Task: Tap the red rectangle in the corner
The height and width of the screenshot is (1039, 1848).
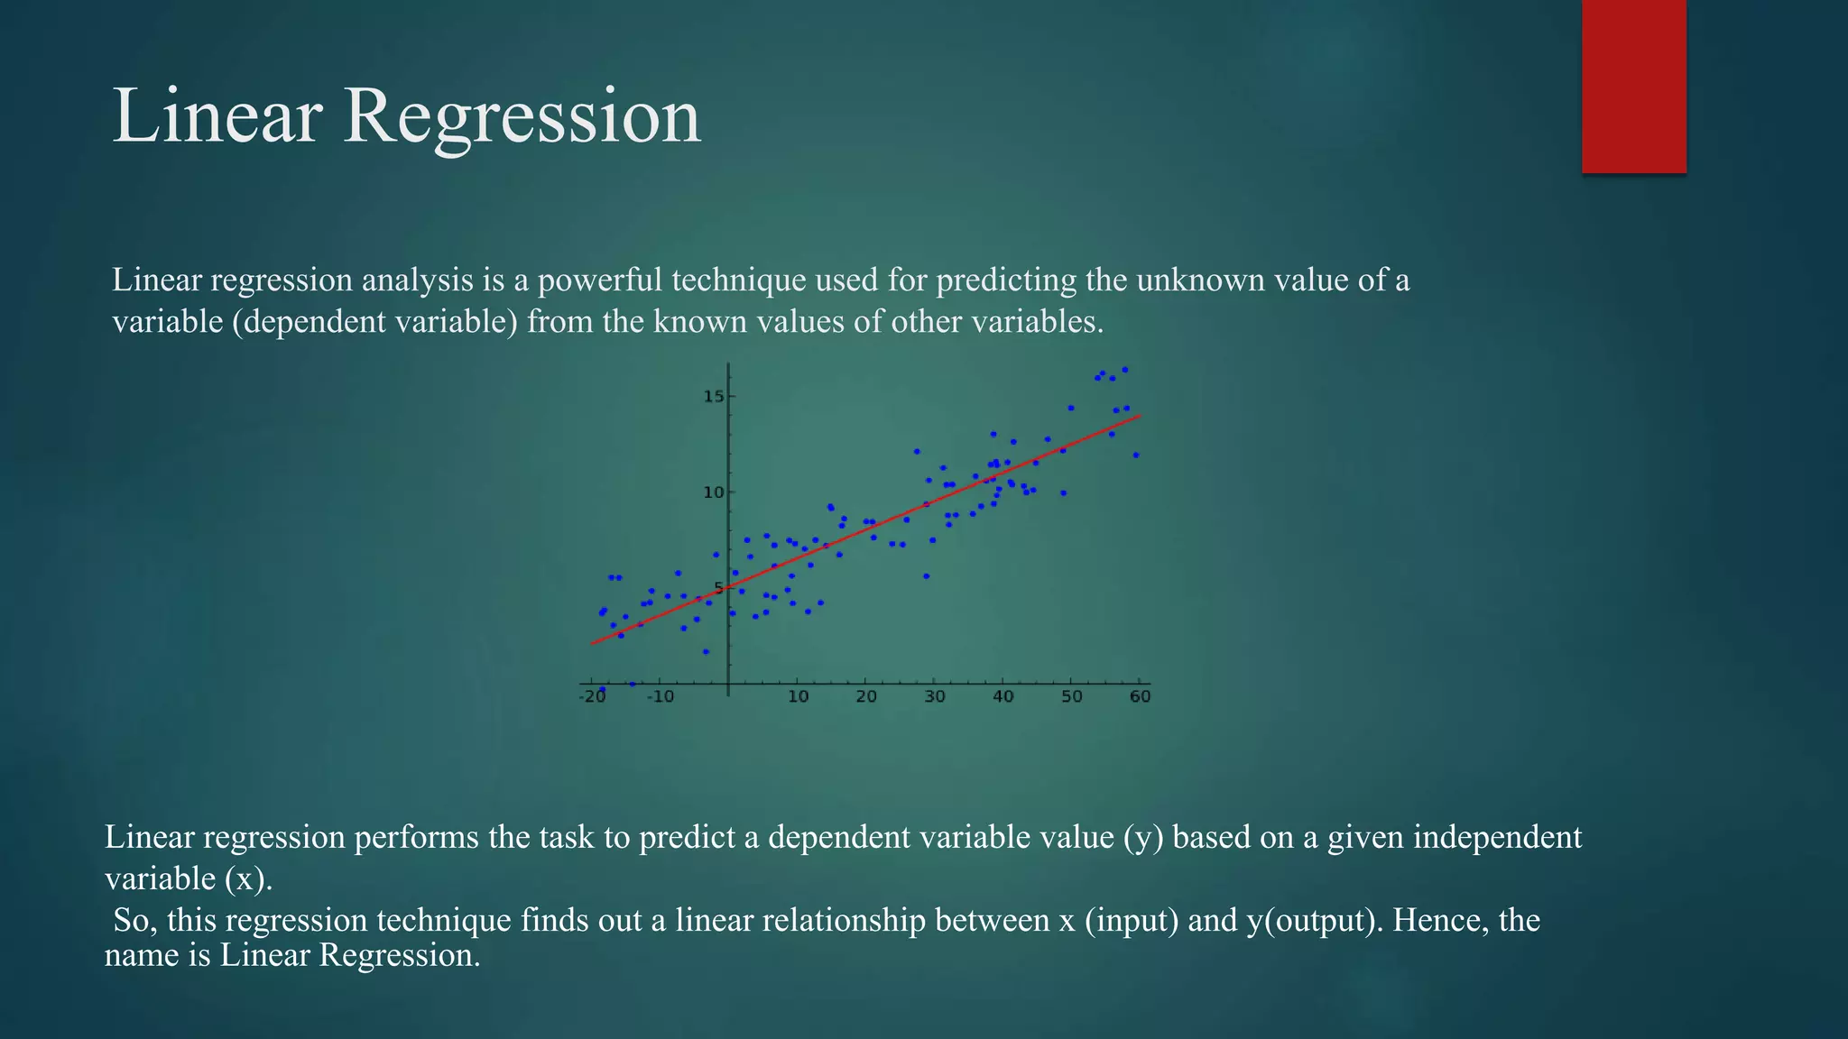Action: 1633,86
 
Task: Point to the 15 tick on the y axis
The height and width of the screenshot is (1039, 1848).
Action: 714,397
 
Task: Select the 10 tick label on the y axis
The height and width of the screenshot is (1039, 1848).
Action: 714,492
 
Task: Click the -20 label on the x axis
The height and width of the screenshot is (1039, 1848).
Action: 592,697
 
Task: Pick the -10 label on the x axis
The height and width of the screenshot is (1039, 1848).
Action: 660,697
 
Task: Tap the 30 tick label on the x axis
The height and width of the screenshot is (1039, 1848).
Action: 935,697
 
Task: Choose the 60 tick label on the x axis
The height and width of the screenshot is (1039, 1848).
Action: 1140,697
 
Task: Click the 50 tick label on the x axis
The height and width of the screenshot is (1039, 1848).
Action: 1071,697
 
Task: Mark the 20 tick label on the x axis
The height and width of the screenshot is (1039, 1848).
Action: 866,697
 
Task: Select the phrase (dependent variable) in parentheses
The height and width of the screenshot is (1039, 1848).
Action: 374,322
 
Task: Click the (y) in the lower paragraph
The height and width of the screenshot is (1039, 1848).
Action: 1143,838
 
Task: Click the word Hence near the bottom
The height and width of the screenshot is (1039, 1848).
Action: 1439,921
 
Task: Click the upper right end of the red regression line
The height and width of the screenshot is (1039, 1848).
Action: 1139,417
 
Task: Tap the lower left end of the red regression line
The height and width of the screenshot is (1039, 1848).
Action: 593,643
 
